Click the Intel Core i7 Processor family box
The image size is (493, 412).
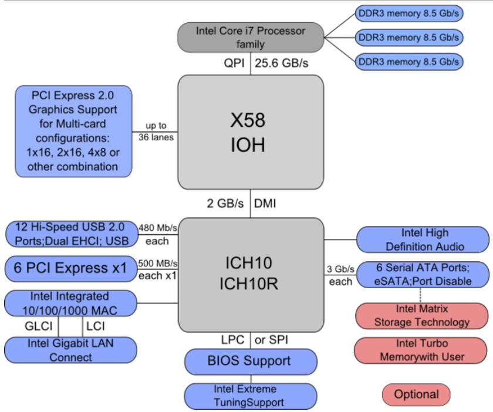251,38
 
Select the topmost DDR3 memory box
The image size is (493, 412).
409,13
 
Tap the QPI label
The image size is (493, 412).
234,63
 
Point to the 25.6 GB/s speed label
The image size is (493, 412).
281,63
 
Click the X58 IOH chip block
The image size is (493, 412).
251,132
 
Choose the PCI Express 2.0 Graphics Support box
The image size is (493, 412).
73,131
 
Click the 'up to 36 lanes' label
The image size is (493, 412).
156,131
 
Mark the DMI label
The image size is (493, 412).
265,204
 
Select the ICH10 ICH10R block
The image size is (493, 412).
251,275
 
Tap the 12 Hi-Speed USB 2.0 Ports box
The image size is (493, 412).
72,234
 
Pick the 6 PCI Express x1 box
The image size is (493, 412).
71,269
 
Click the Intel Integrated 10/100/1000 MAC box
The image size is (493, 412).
70,303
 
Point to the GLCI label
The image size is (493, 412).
39,326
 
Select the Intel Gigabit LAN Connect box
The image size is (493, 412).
70,350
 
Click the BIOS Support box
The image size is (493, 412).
251,362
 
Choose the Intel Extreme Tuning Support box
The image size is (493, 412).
251,396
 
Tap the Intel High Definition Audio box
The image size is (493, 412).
423,239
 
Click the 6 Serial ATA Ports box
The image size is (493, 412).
423,275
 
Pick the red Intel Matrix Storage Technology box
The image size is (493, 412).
422,316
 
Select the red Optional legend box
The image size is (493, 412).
416,394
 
